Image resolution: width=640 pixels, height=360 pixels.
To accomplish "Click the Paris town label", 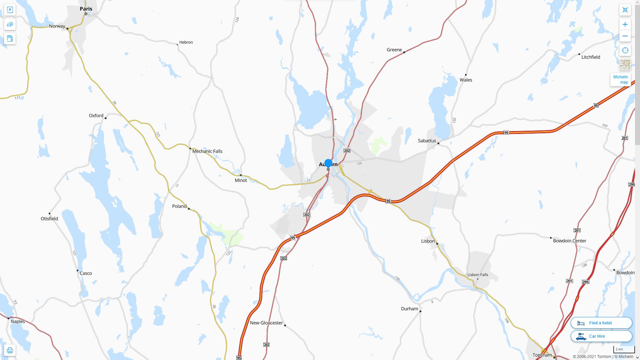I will tap(86, 9).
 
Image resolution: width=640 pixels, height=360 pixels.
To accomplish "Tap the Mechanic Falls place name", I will tap(207, 151).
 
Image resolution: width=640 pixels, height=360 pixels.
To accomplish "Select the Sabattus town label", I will tap(427, 141).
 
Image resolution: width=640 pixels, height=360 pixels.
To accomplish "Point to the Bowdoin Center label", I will tap(569, 241).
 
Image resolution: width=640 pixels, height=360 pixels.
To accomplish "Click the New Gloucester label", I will tap(266, 323).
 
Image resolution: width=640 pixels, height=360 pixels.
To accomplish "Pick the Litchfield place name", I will tap(591, 57).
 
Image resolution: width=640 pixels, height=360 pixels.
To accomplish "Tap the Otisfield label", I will tap(49, 219).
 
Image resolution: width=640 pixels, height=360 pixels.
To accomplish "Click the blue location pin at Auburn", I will tap(328, 163).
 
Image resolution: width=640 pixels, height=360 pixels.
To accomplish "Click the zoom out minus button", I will tap(625, 36).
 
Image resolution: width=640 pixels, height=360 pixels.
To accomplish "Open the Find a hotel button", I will tap(601, 323).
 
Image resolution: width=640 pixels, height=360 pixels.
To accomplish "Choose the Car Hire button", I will tap(601, 336).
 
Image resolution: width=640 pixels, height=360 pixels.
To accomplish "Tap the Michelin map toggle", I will tap(620, 79).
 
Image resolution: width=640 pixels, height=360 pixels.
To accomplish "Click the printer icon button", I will tap(10, 350).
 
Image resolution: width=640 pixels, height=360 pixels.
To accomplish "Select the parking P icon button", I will tap(10, 10).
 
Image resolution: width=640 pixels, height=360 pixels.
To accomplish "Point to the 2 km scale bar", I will tap(624, 350).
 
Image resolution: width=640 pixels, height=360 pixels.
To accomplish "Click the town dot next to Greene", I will tap(404, 52).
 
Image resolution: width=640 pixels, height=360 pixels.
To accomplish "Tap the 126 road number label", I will tap(359, 163).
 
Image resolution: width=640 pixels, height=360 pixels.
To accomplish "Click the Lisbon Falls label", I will tap(478, 275).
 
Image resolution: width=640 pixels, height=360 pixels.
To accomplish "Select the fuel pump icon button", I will tap(10, 38).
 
